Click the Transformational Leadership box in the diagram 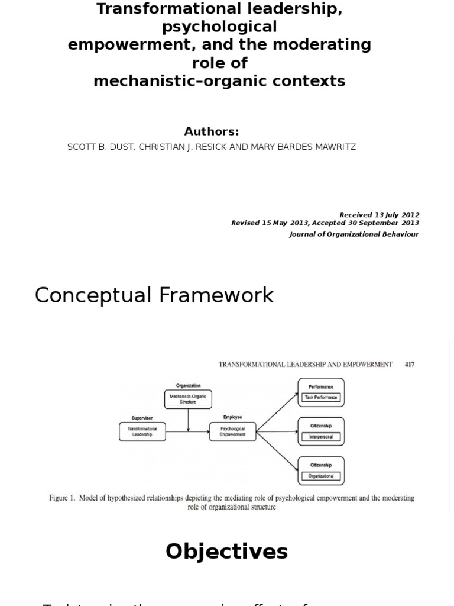coord(142,431)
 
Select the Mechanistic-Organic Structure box coord(188,399)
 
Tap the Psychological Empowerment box coord(232,431)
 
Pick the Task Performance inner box coord(321,398)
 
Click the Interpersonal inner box coord(321,437)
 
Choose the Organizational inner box coord(321,476)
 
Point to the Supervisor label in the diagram coord(142,418)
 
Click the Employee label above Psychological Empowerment coord(232,417)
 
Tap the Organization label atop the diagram coord(188,385)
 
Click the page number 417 coord(409,365)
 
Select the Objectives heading coord(226,551)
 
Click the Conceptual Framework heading coord(154,295)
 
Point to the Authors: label coord(211,131)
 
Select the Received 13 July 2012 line coord(379,215)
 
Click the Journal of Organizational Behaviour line coord(354,234)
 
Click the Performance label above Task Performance coord(321,386)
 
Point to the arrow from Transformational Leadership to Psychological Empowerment coord(187,431)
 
